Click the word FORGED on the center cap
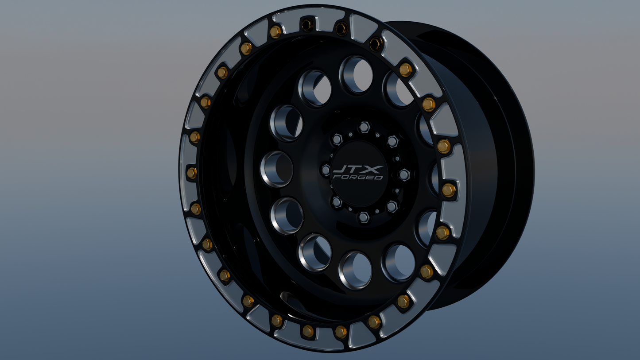tap(358, 177)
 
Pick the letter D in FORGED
tap(379, 177)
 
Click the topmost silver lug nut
tap(364, 127)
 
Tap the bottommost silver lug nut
tap(363, 217)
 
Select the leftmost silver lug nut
tap(326, 170)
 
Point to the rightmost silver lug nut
tap(404, 174)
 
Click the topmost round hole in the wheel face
tap(357, 75)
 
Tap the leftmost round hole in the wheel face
tap(277, 169)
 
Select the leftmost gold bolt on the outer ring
tap(192, 173)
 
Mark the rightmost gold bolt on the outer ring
tap(449, 190)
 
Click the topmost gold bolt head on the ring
tap(275, 31)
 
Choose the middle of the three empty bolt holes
tap(341, 29)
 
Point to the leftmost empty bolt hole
tap(307, 25)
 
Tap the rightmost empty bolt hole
tap(376, 43)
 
